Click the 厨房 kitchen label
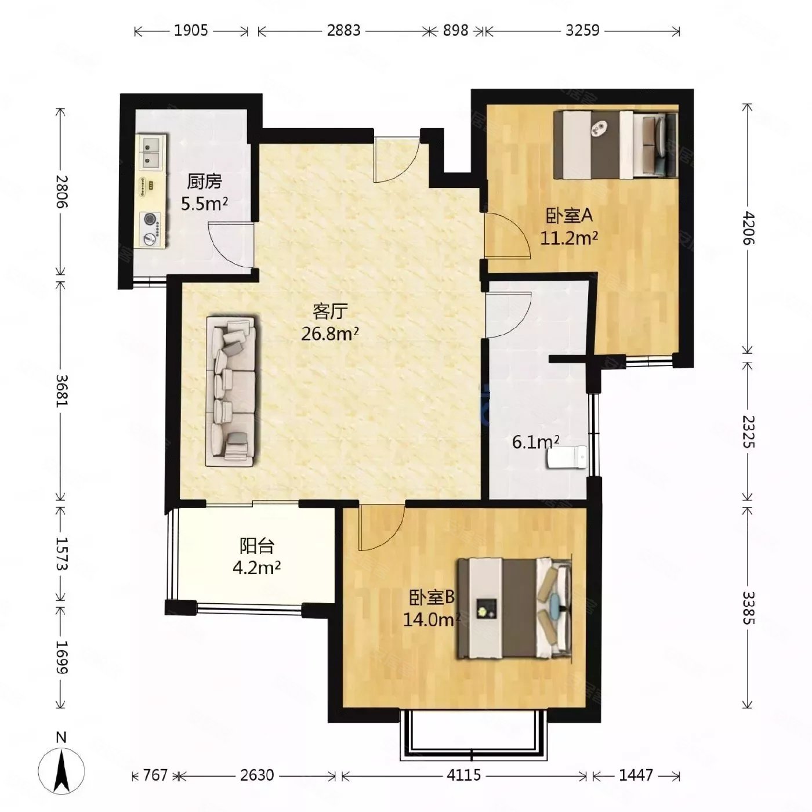tap(204, 182)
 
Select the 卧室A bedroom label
tap(570, 216)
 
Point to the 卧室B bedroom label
tap(432, 597)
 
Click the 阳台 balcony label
tap(257, 546)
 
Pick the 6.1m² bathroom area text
tap(535, 442)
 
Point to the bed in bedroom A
tap(615, 144)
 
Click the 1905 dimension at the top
tap(191, 31)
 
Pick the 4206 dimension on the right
tap(748, 228)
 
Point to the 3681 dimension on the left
tap(63, 390)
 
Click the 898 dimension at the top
tap(455, 31)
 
